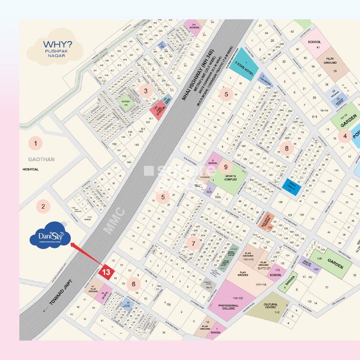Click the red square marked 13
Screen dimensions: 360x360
(106, 272)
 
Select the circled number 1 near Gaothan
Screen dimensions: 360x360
(35, 142)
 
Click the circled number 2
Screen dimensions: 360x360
(44, 206)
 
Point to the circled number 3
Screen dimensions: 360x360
(145, 91)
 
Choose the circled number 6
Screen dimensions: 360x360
(134, 284)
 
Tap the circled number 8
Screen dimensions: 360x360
(286, 148)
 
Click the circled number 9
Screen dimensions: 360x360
(226, 167)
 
